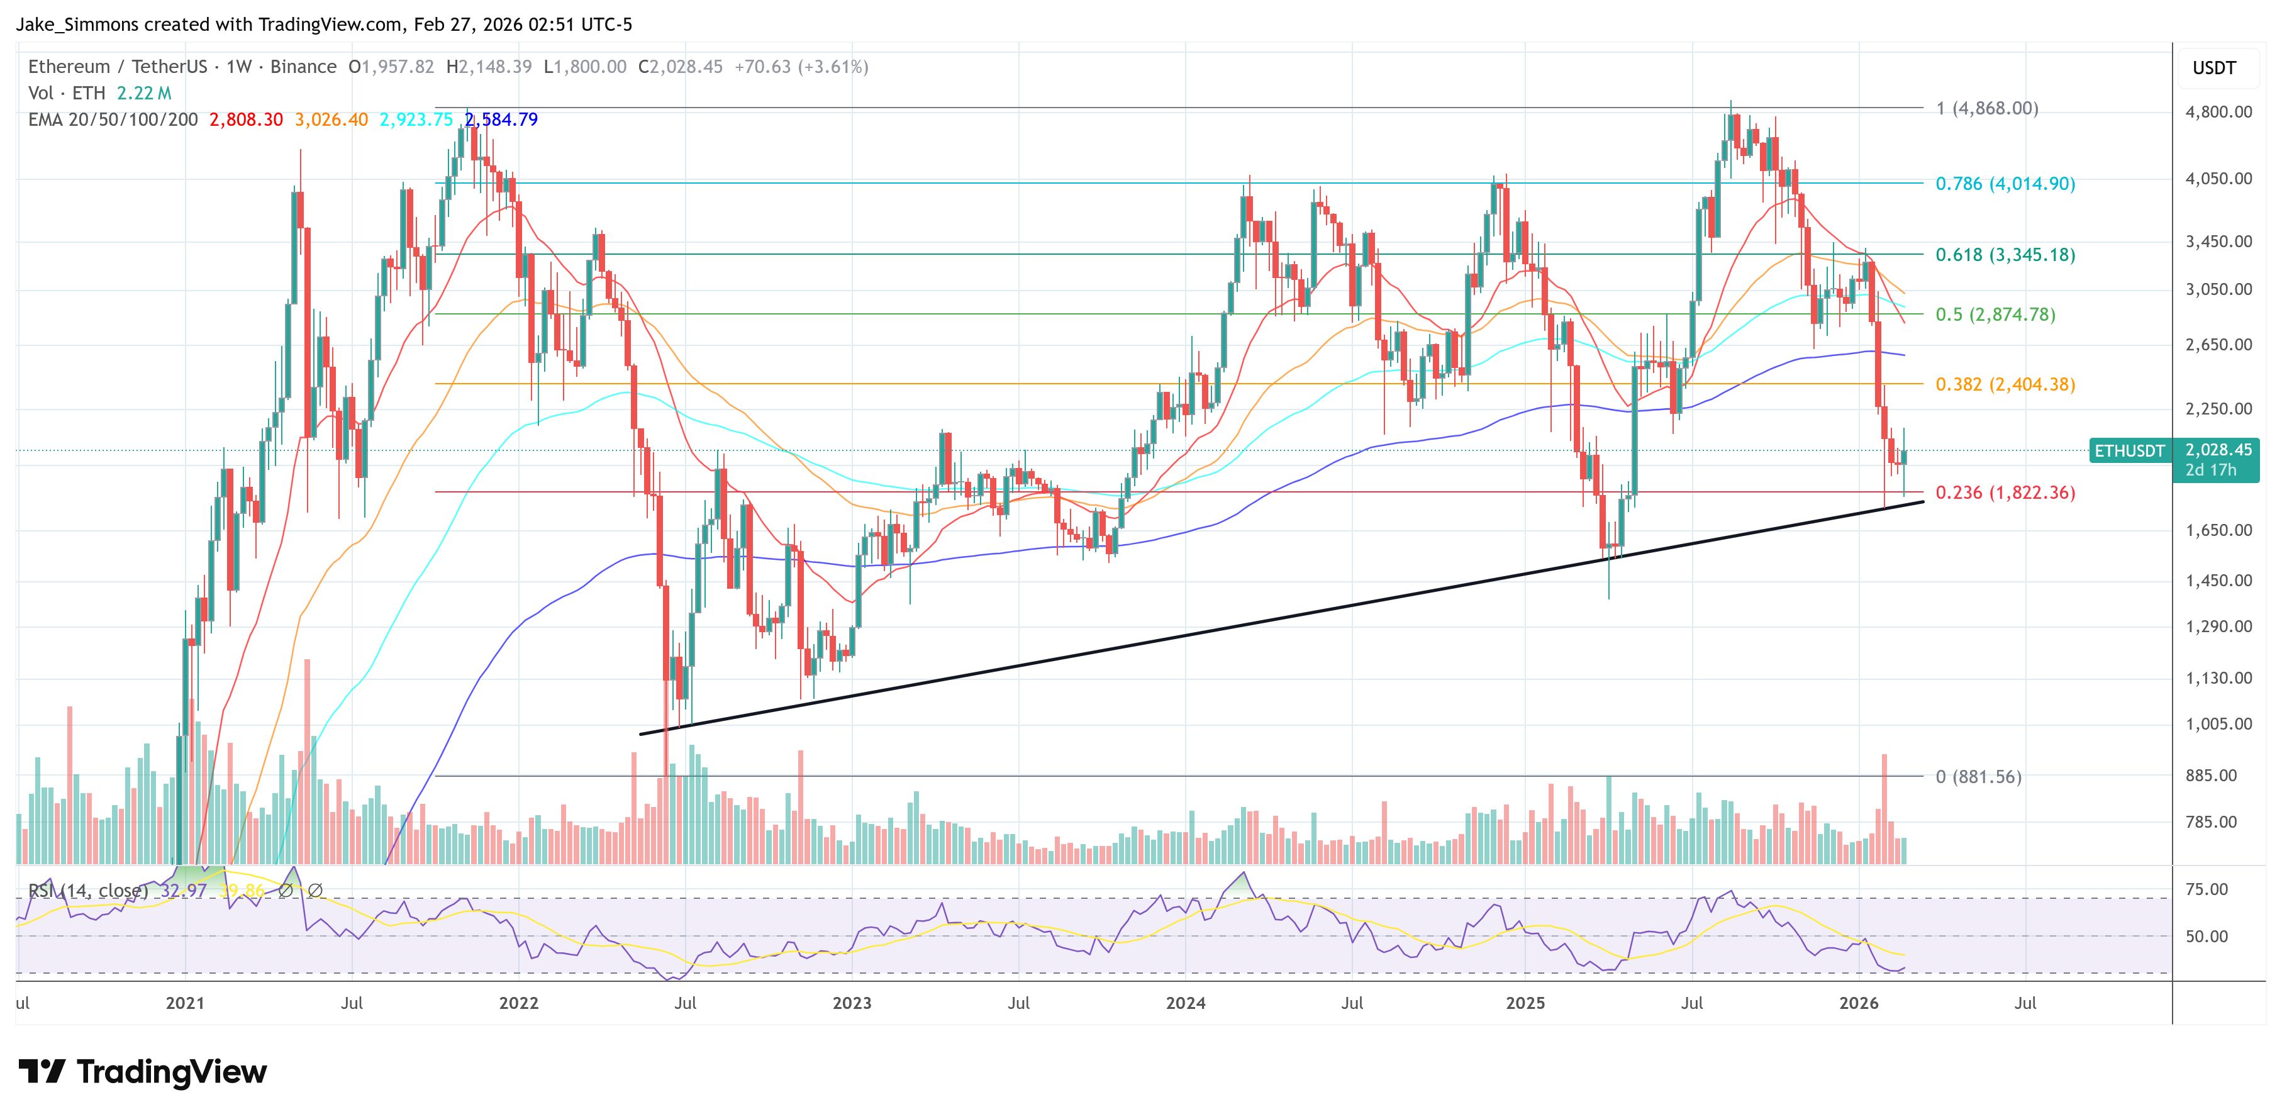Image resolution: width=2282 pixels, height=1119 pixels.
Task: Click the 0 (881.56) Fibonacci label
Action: click(x=1978, y=777)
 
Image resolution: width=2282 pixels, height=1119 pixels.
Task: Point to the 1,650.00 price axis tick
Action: click(x=2218, y=531)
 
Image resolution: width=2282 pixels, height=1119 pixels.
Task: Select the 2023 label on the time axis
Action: click(x=851, y=1003)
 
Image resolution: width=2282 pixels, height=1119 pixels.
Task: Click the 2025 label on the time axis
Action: click(x=1525, y=1003)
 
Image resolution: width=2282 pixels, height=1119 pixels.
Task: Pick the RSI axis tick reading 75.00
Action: click(x=2206, y=889)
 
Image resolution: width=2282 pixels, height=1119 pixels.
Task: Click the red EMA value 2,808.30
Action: click(x=245, y=120)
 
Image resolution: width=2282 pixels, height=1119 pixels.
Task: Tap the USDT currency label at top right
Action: click(x=2214, y=68)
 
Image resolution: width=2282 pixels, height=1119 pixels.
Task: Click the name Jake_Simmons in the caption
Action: click(x=77, y=25)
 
